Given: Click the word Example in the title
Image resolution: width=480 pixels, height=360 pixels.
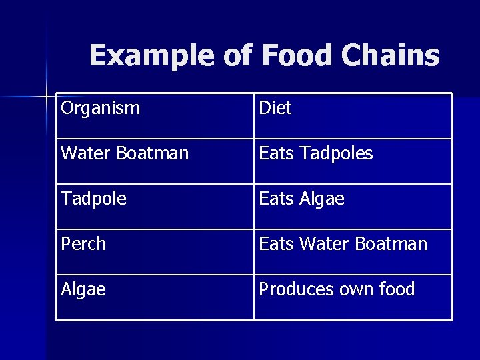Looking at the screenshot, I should click(153, 56).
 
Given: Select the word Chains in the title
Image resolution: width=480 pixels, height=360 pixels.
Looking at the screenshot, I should click(390, 56).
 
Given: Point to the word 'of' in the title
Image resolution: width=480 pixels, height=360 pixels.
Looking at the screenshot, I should click(239, 56).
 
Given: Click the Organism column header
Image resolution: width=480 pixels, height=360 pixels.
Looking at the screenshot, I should click(101, 108).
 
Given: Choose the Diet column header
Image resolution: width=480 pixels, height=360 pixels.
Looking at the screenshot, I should click(275, 108).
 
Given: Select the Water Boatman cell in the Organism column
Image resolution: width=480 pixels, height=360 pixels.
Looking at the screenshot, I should click(125, 153).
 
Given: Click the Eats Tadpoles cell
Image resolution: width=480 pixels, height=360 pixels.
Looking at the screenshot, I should click(315, 153).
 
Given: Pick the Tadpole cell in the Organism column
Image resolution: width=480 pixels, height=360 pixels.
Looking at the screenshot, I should click(93, 199).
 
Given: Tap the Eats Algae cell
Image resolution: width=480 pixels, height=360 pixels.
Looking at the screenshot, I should click(301, 199).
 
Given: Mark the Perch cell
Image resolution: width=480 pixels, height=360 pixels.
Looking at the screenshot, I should click(83, 244).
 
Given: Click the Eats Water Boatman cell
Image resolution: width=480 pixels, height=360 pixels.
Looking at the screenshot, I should click(343, 244).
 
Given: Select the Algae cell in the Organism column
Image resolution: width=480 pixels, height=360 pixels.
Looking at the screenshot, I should click(83, 289).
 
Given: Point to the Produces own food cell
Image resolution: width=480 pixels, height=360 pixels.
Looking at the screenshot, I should click(337, 289).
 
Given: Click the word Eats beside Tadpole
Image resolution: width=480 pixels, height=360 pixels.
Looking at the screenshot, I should click(276, 199).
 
